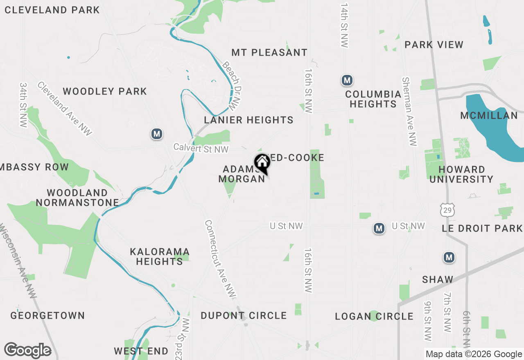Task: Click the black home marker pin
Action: (x=262, y=163)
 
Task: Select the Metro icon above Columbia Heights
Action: (x=347, y=81)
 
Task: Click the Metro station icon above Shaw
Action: (x=449, y=257)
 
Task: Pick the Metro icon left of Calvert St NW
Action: (x=156, y=134)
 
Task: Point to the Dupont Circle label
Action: (x=244, y=315)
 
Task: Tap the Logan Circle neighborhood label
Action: (x=374, y=316)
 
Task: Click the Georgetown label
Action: (x=47, y=315)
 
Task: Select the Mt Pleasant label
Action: (x=269, y=52)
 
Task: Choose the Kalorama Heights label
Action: (x=159, y=256)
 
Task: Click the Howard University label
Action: (x=461, y=174)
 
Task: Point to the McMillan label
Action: (x=489, y=116)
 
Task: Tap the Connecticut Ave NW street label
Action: (x=220, y=259)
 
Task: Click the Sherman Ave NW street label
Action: (x=409, y=111)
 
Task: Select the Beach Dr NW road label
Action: (x=231, y=86)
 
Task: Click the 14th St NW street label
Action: (x=344, y=26)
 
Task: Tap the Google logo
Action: (x=27, y=351)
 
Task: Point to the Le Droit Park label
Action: (x=482, y=228)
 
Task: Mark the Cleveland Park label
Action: (x=52, y=10)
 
